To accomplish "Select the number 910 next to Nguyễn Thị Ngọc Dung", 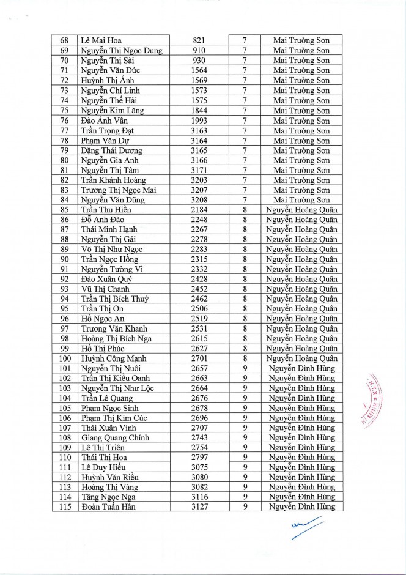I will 199,50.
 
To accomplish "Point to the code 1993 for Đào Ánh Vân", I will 199,120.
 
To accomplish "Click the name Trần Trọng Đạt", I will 108,130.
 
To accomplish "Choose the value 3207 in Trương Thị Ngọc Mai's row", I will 199,190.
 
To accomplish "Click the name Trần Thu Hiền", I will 106,210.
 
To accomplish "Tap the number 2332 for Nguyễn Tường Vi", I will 199,269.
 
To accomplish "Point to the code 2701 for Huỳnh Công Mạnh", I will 199,358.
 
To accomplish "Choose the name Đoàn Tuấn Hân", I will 108,507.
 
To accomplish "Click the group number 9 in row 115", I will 244,507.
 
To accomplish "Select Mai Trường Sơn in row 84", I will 301,199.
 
